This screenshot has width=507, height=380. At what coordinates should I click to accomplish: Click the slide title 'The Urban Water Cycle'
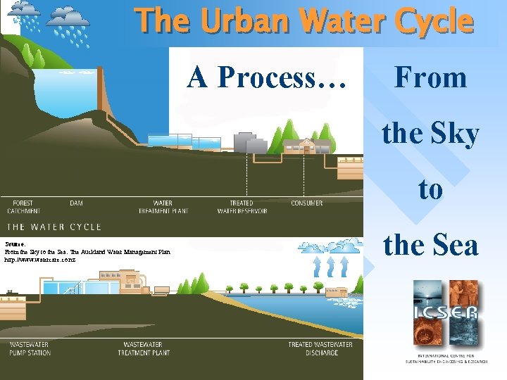click(x=304, y=21)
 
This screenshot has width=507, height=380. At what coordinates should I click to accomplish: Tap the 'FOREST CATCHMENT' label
click(x=23, y=207)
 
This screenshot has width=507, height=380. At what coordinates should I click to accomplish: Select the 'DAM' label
click(x=76, y=203)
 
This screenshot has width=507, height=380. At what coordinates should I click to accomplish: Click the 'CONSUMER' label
click(x=307, y=203)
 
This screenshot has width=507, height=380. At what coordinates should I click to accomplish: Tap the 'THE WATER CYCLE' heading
click(x=54, y=227)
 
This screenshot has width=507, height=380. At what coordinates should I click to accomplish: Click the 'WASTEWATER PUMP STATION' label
click(x=30, y=348)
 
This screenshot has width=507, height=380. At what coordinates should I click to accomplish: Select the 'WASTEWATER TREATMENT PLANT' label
click(x=146, y=348)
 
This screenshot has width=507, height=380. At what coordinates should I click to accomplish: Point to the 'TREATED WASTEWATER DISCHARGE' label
click(x=320, y=348)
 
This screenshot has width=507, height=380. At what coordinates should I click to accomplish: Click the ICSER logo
click(x=446, y=314)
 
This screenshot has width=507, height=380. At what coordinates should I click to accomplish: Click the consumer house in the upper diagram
click(x=307, y=146)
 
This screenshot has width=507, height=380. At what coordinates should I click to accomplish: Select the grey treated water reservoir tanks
click(x=251, y=143)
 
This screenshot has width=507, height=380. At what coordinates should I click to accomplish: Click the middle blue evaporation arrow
click(x=327, y=268)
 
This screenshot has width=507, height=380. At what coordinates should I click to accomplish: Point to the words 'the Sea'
click(x=430, y=245)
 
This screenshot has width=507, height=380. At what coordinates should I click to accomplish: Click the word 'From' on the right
click(x=430, y=77)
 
